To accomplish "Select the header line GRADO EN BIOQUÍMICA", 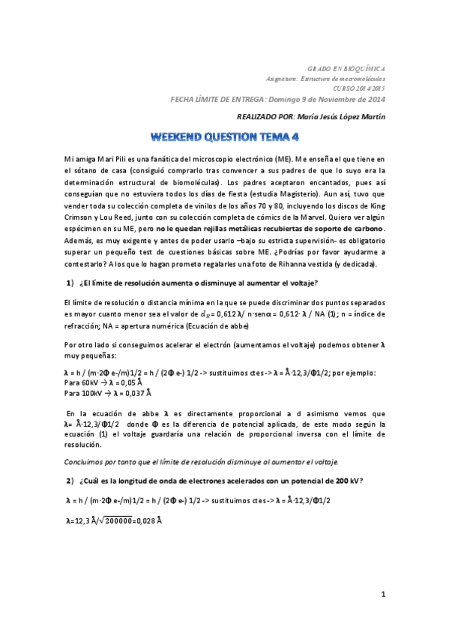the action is point(348,68).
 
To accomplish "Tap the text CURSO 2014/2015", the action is point(360,88).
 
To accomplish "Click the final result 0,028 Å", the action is point(149,520).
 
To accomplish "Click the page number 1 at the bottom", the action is point(382,595).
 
